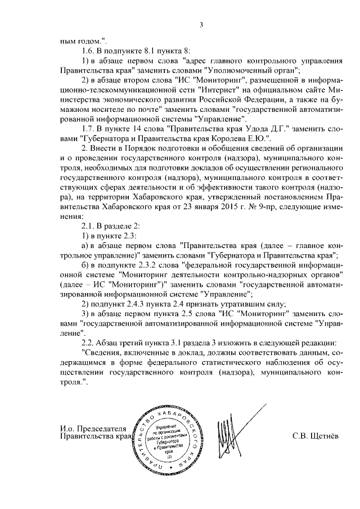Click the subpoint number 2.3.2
point(143,264)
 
